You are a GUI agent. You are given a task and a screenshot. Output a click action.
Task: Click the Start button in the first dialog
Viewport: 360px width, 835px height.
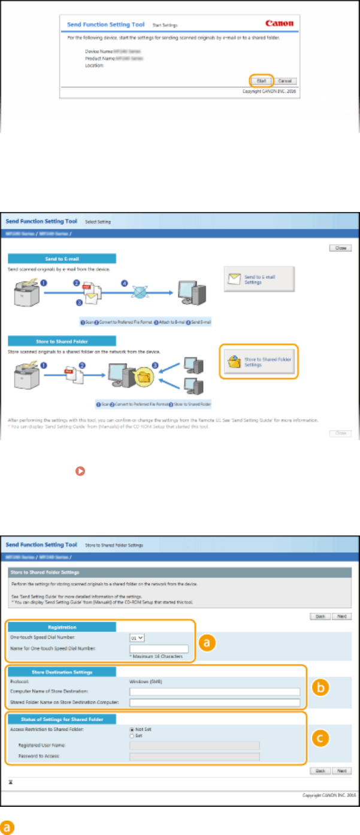[x=261, y=80]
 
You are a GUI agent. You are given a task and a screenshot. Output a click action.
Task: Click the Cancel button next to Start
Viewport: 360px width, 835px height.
[x=285, y=80]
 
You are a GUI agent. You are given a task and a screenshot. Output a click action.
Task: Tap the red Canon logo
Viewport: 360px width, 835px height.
[x=279, y=24]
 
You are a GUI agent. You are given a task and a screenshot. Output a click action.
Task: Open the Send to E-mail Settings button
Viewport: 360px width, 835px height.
[x=260, y=279]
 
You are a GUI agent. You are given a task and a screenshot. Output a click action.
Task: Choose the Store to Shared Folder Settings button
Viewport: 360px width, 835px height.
[x=259, y=361]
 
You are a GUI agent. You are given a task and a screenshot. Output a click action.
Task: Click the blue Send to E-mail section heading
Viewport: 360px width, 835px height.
[x=62, y=259]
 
